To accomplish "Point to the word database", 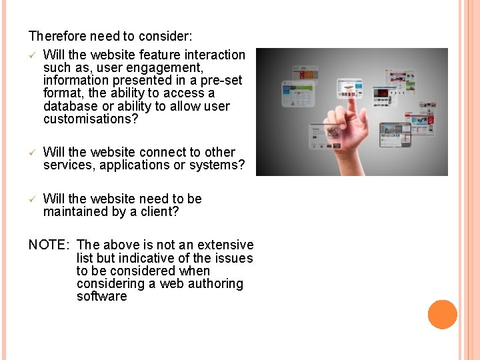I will coord(70,107).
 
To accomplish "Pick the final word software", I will coord(101,297).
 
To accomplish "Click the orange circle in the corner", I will coord(442,314).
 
